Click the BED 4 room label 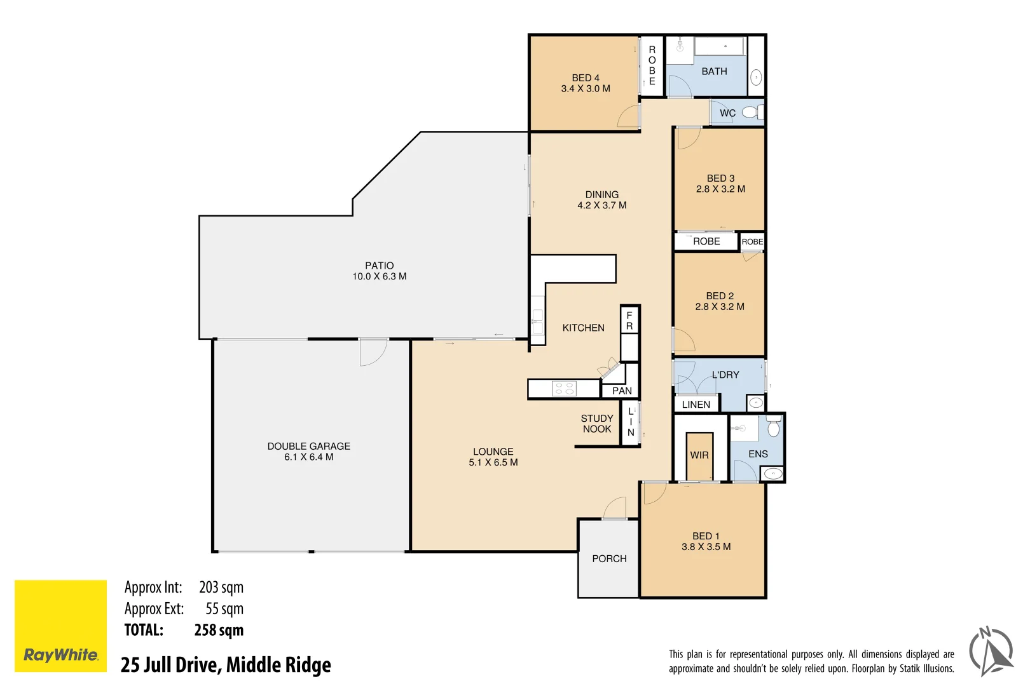[x=585, y=78]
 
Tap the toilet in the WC [x=750, y=112]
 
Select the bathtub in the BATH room [x=719, y=46]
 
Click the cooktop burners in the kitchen [x=564, y=388]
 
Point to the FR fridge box [x=629, y=321]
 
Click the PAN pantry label [x=622, y=391]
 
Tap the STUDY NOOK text [x=597, y=424]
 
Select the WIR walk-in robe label [x=699, y=455]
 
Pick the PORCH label [x=609, y=558]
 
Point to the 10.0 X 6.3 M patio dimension [x=380, y=276]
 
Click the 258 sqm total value [x=219, y=630]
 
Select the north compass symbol [x=991, y=651]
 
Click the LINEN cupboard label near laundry [x=696, y=405]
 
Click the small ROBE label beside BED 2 [x=752, y=241]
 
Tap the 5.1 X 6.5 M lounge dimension [x=493, y=462]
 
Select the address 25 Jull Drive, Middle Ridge [x=226, y=665]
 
